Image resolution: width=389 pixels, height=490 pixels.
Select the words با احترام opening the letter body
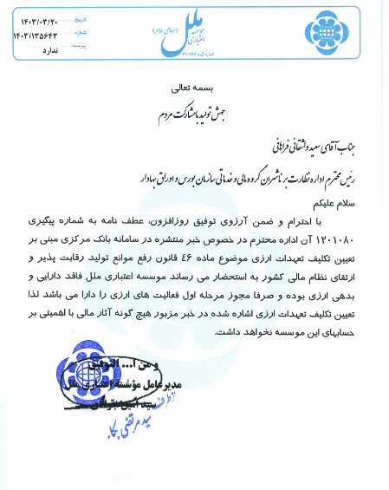340,224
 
